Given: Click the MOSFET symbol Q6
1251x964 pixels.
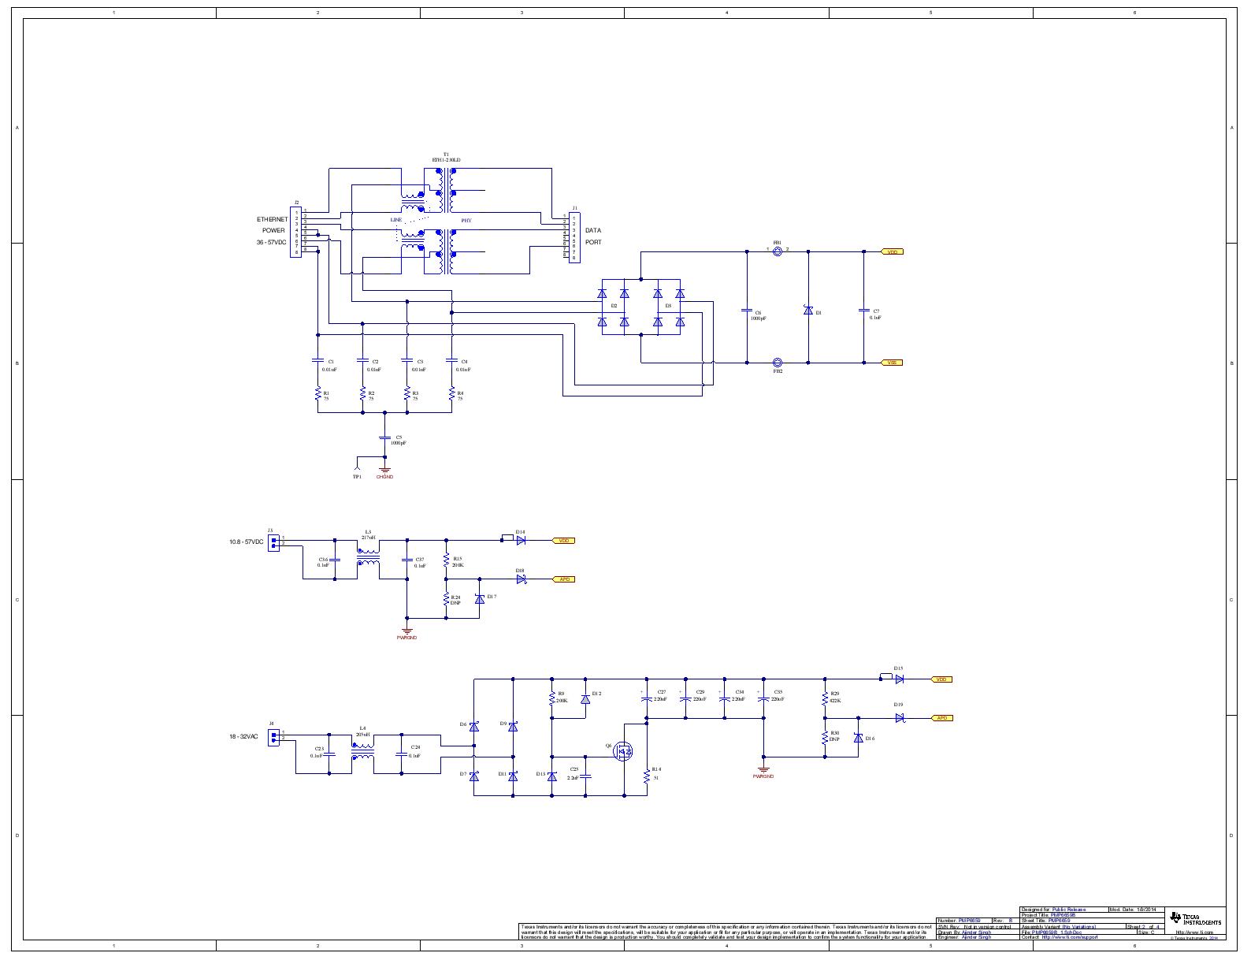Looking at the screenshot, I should click(624, 752).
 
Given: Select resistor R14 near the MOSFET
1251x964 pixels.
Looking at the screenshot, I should click(647, 776).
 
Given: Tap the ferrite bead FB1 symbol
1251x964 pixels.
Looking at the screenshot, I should click(778, 251).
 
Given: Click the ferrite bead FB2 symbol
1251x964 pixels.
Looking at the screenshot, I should click(778, 363).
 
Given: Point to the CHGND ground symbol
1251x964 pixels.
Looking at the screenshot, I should click(384, 470).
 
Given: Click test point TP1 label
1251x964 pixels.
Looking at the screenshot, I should click(357, 477).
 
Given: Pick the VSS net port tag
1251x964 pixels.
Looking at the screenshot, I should click(891, 363).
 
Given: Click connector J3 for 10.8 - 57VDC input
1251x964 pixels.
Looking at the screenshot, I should click(273, 542).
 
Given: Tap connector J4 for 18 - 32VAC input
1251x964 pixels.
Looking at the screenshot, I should click(273, 737).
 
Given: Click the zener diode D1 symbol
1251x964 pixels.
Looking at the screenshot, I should click(808, 311).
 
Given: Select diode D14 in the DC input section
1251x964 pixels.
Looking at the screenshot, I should click(521, 540).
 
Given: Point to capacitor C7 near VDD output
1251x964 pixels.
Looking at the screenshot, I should click(863, 311).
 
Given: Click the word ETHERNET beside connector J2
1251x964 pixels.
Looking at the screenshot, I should click(272, 218).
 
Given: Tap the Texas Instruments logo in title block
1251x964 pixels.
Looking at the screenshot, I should click(1195, 919).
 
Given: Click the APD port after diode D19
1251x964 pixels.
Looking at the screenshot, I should click(942, 718).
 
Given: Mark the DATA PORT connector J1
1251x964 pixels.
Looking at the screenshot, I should click(574, 236).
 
